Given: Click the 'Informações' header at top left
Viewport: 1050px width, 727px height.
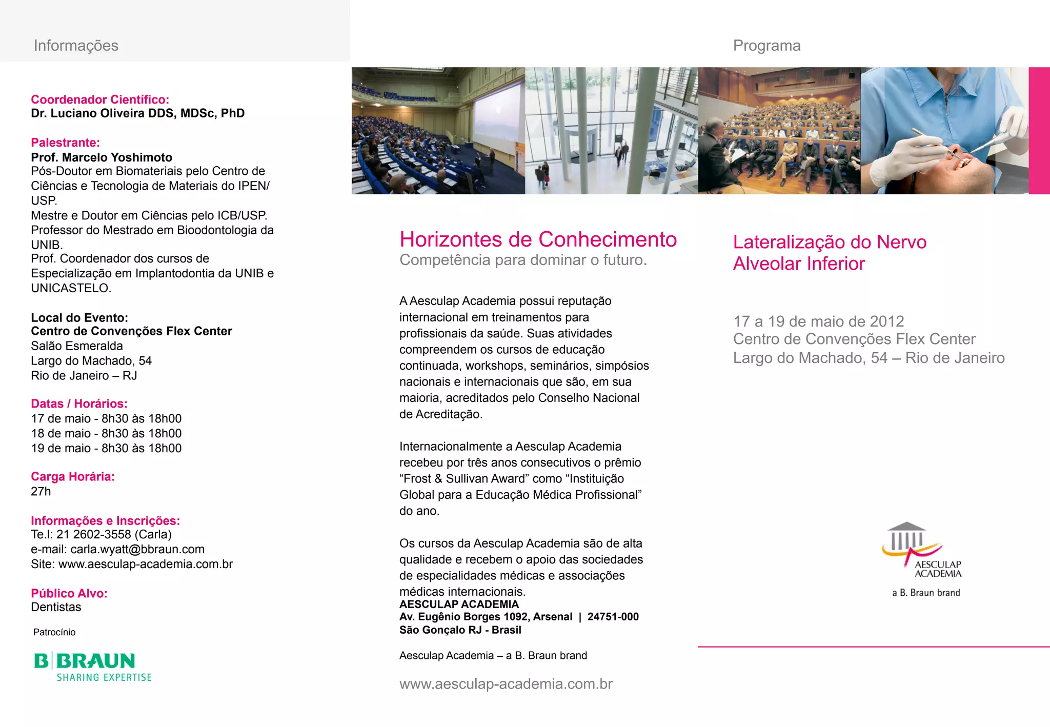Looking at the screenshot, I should click(76, 46).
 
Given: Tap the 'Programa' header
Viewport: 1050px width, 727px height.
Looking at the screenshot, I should click(766, 46).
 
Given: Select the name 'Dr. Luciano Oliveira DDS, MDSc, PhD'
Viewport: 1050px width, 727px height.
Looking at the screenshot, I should click(137, 113).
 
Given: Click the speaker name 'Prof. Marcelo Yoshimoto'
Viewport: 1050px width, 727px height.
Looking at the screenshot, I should click(102, 157).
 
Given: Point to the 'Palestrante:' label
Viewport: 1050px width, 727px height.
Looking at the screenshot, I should click(65, 143).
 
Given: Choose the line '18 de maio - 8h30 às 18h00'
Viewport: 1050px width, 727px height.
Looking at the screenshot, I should click(106, 433).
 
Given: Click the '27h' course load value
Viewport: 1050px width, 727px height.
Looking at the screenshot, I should click(41, 491).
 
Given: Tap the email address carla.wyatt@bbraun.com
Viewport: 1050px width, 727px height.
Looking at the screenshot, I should click(137, 549).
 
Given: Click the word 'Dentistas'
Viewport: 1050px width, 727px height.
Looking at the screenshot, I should click(56, 607).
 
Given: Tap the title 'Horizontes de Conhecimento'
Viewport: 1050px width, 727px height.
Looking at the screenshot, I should click(538, 239).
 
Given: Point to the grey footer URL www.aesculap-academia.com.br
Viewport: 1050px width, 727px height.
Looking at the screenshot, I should click(506, 684).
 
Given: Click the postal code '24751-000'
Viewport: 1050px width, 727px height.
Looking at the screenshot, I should click(613, 617).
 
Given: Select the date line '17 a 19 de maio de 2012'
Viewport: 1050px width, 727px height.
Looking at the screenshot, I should click(818, 321).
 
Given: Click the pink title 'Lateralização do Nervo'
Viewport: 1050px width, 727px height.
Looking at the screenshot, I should click(830, 242).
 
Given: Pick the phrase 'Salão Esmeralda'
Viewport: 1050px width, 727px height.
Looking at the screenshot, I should click(77, 346).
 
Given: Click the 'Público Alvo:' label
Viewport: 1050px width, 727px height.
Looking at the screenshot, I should click(69, 593).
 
